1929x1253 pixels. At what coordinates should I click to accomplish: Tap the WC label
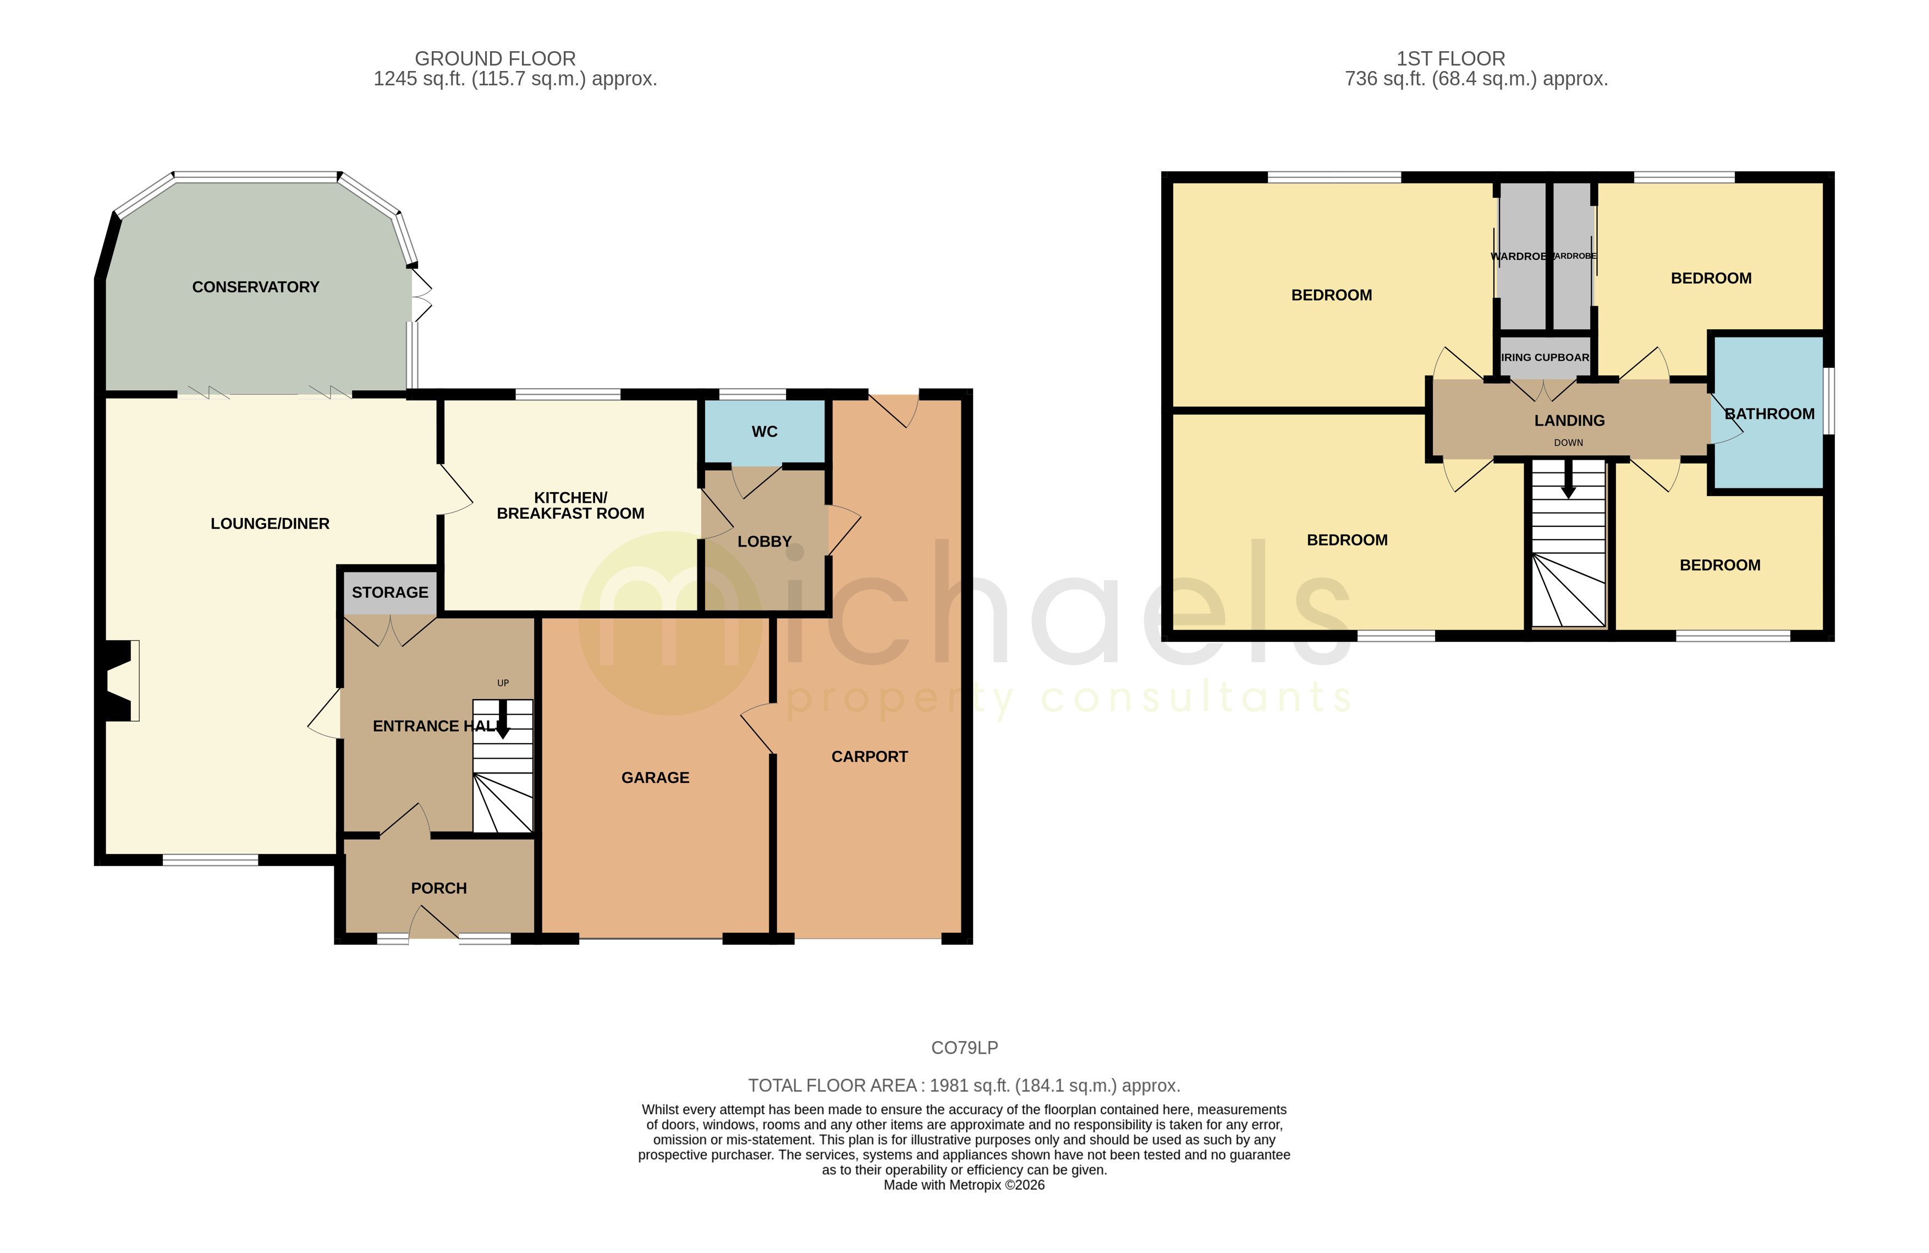click(x=765, y=432)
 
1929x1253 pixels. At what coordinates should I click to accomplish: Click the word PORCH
click(x=438, y=888)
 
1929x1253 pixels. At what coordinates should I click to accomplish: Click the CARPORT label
click(x=869, y=756)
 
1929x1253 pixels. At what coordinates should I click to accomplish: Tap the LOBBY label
click(x=765, y=542)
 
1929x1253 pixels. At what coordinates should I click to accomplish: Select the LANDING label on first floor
click(x=1569, y=420)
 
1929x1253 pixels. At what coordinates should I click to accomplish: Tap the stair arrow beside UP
click(x=503, y=720)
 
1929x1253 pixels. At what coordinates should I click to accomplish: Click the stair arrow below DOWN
click(x=1568, y=480)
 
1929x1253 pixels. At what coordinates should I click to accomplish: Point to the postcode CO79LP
click(x=964, y=1048)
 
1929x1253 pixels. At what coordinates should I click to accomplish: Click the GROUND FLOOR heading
click(x=494, y=58)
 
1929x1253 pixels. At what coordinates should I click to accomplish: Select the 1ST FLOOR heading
click(x=1450, y=58)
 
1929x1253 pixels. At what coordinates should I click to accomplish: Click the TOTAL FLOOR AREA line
click(x=964, y=1085)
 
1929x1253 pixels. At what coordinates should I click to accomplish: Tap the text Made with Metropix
click(x=963, y=1185)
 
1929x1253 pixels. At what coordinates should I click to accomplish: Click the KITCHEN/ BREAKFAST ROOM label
click(x=570, y=505)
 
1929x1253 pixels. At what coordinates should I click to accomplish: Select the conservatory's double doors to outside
click(x=421, y=295)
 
